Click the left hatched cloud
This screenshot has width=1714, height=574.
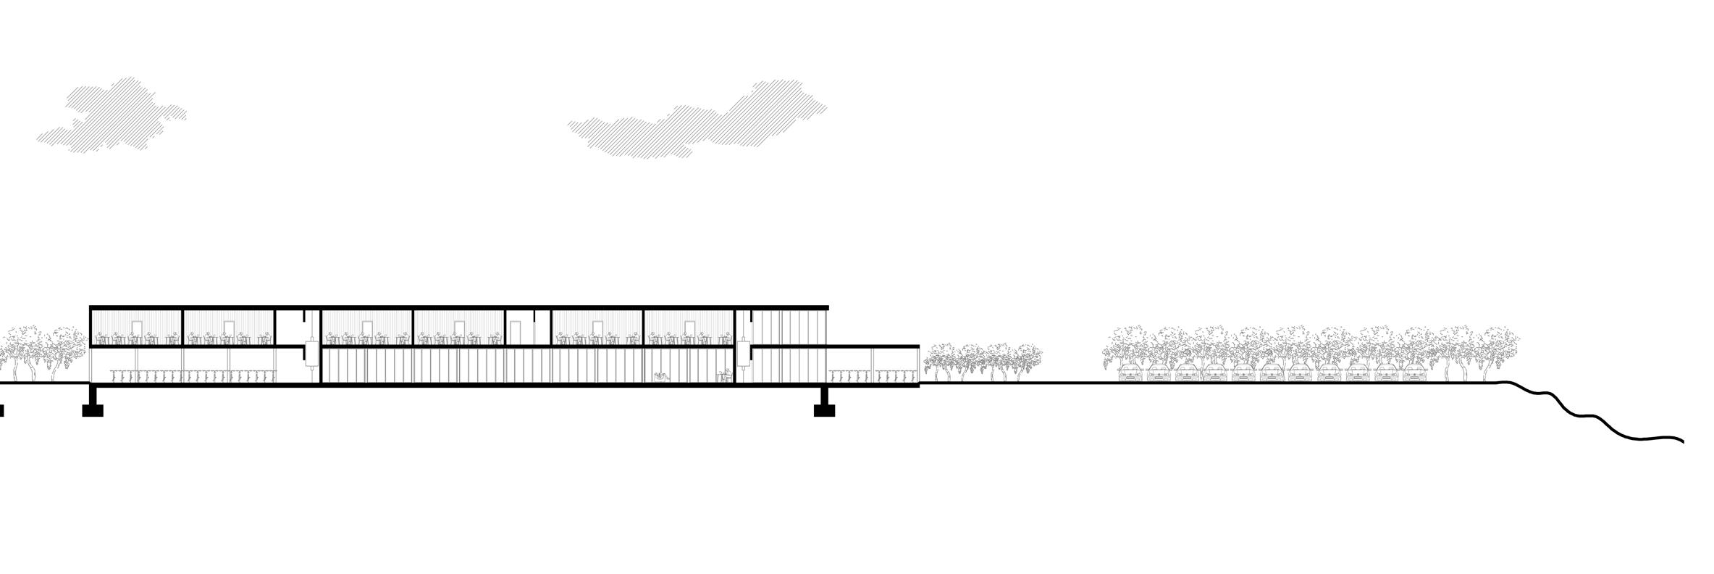(112, 116)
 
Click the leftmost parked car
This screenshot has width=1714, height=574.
(1130, 374)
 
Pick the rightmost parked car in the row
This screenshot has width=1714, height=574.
(1415, 374)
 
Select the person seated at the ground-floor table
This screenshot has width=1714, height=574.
(723, 375)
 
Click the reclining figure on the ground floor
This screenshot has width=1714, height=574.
(660, 375)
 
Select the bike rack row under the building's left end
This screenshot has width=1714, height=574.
(194, 375)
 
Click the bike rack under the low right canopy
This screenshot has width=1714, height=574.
(873, 375)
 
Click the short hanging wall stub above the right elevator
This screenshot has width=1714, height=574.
(752, 317)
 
